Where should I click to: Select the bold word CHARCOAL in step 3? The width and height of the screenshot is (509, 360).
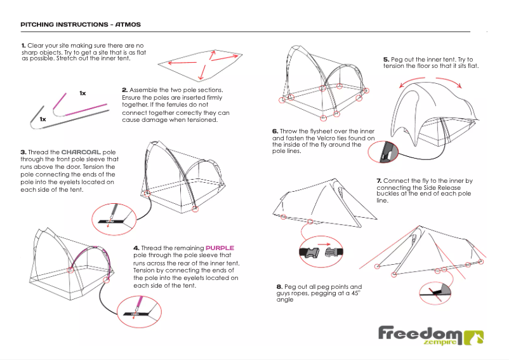(81, 152)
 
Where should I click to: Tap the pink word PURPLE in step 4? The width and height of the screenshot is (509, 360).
(220, 248)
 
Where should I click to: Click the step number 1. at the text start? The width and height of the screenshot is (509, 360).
(23, 46)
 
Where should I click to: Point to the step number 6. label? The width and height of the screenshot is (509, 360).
(275, 131)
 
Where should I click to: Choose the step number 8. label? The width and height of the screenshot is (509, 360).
(279, 287)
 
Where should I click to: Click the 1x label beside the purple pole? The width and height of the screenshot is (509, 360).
(83, 93)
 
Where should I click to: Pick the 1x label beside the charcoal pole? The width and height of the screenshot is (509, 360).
(43, 119)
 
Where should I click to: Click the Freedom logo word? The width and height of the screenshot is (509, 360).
(420, 333)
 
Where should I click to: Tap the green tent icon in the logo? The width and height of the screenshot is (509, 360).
(474, 338)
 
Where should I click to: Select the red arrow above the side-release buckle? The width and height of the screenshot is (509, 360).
(324, 244)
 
